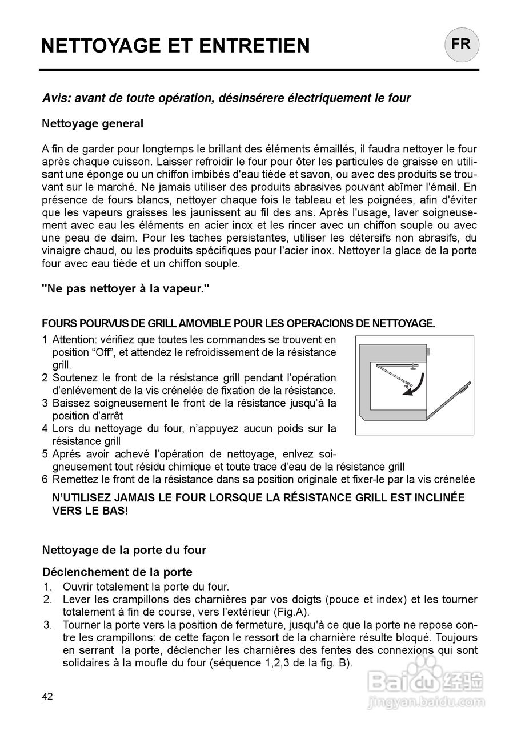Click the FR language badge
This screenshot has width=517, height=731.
click(x=462, y=45)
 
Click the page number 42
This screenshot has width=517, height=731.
click(x=47, y=696)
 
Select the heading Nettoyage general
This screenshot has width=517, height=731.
click(x=93, y=123)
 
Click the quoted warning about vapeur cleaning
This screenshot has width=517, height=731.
click(x=126, y=289)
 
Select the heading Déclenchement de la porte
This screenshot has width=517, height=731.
click(x=117, y=572)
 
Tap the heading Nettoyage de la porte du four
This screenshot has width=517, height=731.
click(x=124, y=551)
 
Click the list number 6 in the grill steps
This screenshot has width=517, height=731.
click(x=45, y=480)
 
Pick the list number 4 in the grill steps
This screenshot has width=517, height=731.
click(x=45, y=428)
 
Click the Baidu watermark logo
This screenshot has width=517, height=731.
click(x=426, y=680)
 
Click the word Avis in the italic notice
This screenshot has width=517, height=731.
click(x=57, y=98)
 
